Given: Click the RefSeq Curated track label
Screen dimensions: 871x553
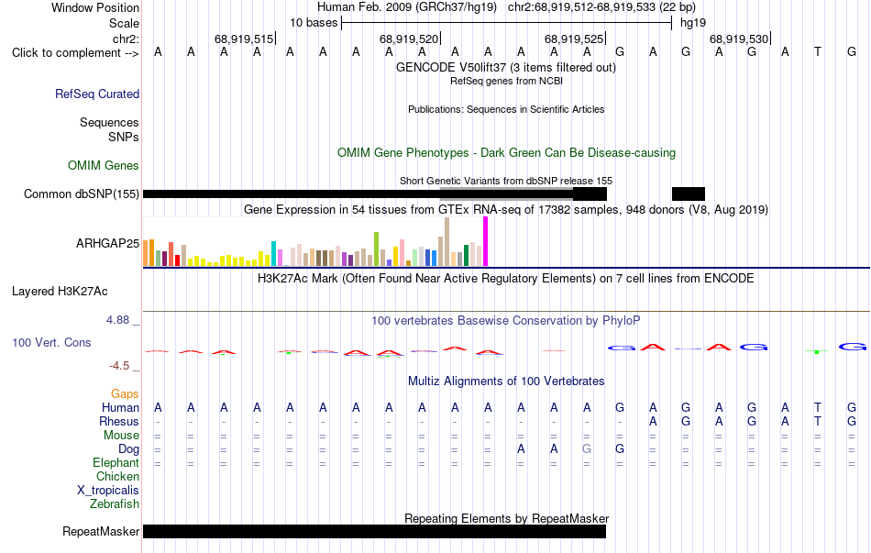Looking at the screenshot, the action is [97, 94].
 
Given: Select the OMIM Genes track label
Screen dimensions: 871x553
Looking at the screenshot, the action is [104, 166].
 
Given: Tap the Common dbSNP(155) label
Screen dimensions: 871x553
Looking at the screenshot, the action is [82, 194].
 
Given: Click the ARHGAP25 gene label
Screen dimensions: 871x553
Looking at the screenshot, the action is [108, 243].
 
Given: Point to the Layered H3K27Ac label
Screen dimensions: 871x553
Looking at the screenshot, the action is [60, 292].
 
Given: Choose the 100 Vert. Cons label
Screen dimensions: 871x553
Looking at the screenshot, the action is [51, 342].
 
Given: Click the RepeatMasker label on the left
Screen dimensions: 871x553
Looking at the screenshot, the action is [101, 532].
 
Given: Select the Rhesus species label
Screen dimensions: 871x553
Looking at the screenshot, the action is [119, 421].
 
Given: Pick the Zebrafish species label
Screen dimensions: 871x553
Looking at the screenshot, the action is [115, 504].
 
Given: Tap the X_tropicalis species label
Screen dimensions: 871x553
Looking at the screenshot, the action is [108, 491].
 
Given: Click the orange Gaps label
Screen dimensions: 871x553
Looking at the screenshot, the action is [125, 394].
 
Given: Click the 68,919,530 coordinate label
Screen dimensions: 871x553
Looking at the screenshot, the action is [739, 39].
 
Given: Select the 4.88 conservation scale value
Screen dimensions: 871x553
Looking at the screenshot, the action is [117, 320].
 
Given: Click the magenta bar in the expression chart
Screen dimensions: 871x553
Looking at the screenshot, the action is [486, 241].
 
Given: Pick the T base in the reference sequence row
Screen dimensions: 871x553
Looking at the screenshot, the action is [818, 52].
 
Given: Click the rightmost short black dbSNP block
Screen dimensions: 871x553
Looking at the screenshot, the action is [689, 194].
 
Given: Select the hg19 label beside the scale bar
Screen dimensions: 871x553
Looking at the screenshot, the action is [693, 23].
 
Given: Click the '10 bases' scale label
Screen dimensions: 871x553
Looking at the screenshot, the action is [314, 23].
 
